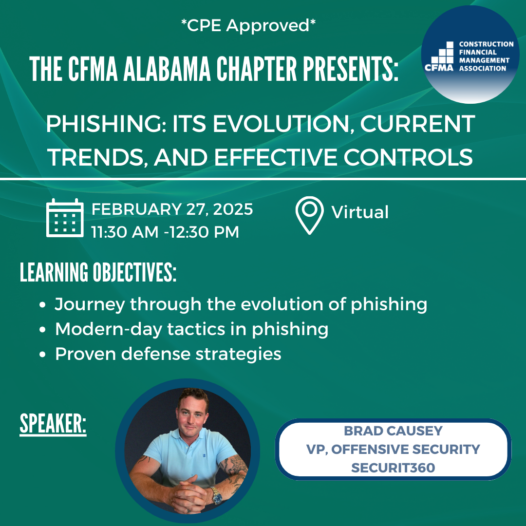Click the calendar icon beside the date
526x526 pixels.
pos(65,218)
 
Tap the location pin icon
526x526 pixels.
pos(309,215)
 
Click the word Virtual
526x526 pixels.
pos(360,212)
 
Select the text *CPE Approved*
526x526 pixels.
pos(248,25)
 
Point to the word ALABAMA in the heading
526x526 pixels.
pos(167,69)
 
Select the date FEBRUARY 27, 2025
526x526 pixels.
pos(172,209)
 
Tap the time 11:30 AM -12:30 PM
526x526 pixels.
pos(165,232)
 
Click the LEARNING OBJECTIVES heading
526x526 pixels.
pos(98,272)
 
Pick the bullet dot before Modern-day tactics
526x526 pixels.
pos(42,329)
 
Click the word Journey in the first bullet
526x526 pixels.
pos(90,304)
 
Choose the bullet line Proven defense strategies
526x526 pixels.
pos(168,354)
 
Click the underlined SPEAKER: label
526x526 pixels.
pos(53,424)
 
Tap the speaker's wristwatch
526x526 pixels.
pos(216,495)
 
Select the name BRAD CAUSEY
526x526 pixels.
pos(393,431)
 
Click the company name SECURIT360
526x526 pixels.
pos(393,468)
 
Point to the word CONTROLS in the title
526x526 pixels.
pos(408,157)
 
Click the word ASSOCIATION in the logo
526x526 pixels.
pos(482,69)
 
